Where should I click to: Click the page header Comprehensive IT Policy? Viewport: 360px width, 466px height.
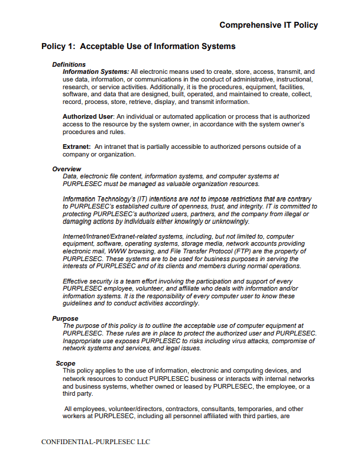pyautogui.click(x=268, y=25)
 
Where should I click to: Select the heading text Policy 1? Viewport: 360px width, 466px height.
pyautogui.click(x=59, y=46)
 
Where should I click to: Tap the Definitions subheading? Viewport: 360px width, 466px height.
pyautogui.click(x=69, y=64)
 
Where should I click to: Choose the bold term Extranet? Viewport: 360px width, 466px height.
pyautogui.click(x=77, y=146)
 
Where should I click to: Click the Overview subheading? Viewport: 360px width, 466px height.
pyautogui.click(x=66, y=169)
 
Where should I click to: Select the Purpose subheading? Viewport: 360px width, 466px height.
pyautogui.click(x=65, y=318)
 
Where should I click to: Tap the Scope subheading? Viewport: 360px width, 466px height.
pyautogui.click(x=66, y=363)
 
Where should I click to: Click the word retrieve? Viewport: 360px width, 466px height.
pyautogui.click(x=123, y=102)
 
